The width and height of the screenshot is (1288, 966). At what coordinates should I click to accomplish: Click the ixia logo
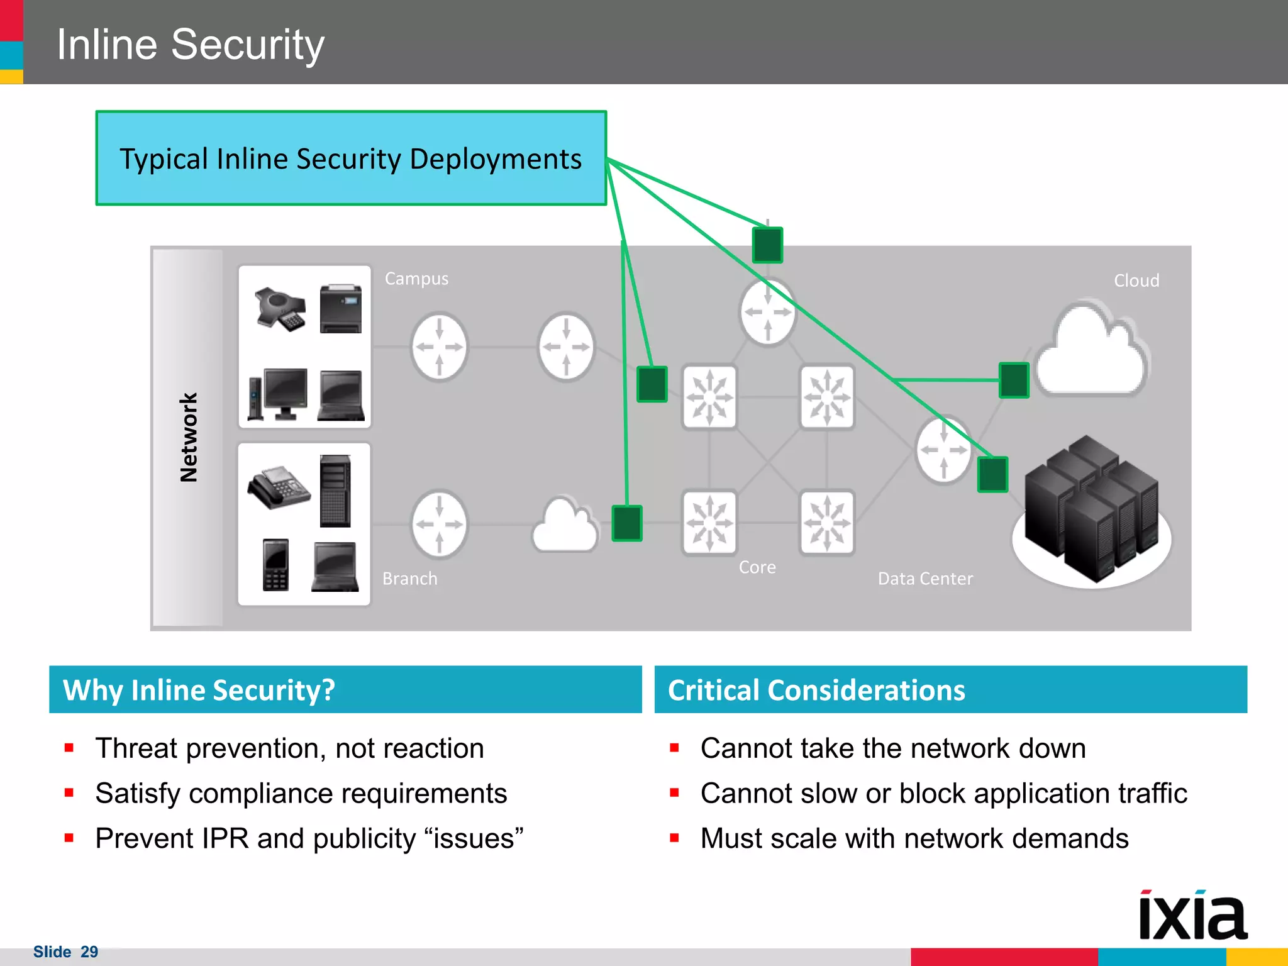[1192, 916]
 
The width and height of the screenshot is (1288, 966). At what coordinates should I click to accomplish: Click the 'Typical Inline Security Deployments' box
[351, 158]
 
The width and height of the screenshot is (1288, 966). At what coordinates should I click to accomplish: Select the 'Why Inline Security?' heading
[199, 690]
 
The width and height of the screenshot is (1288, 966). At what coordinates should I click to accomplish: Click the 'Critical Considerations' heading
[816, 690]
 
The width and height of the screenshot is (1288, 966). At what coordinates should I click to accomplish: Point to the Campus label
[416, 279]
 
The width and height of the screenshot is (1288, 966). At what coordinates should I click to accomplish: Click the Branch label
[409, 579]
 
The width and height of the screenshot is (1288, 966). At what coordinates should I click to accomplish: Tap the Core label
[757, 567]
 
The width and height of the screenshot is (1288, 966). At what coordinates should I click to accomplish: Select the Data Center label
[925, 579]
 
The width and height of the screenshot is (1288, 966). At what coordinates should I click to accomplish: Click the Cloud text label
[1136, 280]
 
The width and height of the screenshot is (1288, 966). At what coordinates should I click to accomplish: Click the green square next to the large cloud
[1014, 380]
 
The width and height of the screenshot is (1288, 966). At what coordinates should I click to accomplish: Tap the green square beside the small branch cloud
[627, 523]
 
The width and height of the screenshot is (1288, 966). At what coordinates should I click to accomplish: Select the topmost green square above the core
[767, 245]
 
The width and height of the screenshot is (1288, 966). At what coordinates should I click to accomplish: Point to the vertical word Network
[189, 438]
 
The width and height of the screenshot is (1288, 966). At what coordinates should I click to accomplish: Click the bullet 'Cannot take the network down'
[893, 748]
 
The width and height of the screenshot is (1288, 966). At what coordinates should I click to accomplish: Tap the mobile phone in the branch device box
[275, 564]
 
